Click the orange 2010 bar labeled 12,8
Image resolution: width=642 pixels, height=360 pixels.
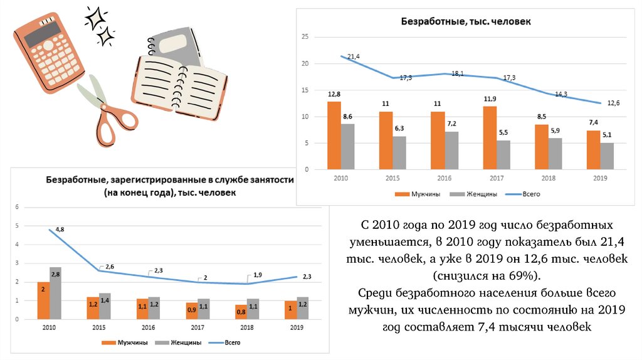click(334, 135)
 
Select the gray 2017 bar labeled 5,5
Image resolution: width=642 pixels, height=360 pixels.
click(503, 155)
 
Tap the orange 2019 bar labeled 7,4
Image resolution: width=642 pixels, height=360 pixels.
click(592, 150)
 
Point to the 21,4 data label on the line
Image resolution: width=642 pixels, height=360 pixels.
click(353, 57)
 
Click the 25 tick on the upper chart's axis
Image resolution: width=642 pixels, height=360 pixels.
click(305, 37)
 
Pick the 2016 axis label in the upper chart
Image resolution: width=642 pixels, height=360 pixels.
click(444, 179)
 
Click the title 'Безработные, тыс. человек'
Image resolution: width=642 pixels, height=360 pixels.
click(466, 21)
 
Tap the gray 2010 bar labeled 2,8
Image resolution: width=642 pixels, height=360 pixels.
click(56, 294)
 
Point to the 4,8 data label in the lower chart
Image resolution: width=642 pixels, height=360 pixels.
click(60, 230)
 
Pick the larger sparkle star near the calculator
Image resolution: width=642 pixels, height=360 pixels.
click(97, 18)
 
